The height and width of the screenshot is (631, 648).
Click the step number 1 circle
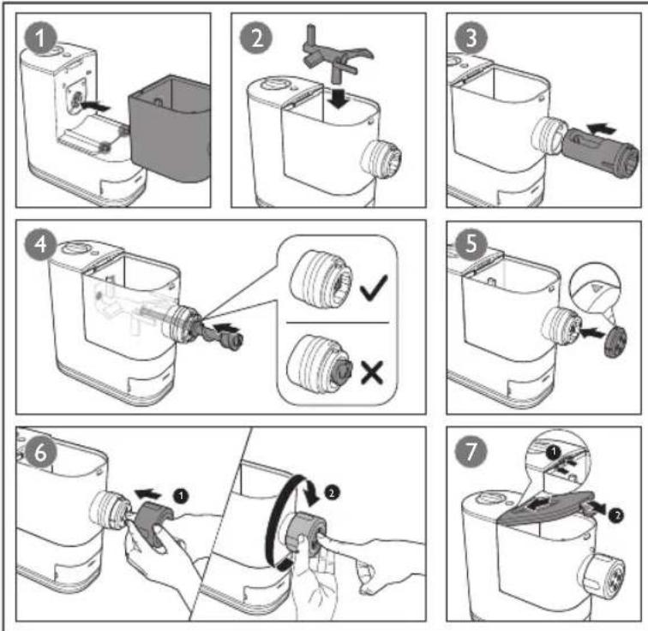40,39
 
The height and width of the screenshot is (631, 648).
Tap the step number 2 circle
256,39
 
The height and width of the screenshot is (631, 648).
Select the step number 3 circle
471,39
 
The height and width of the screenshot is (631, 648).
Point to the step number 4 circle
40,244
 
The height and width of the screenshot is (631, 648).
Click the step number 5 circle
471,244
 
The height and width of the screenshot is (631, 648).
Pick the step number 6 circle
40,452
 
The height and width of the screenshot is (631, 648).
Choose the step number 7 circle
471,452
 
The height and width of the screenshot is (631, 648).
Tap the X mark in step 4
372,372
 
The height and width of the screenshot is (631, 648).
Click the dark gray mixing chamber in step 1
170,128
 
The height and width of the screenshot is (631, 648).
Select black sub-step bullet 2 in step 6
332,492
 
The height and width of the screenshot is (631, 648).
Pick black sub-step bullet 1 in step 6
181,495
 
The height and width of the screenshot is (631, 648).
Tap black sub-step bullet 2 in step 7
616,515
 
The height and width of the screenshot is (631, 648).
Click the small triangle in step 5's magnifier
596,287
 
